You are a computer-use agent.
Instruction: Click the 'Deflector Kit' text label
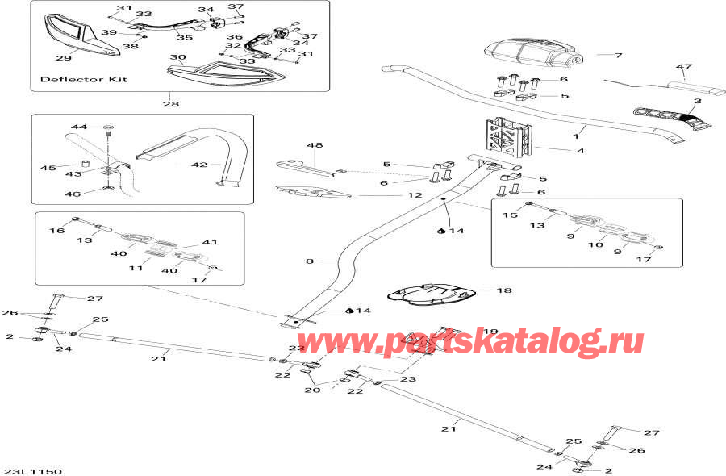point(83,81)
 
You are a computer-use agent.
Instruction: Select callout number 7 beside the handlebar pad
point(619,56)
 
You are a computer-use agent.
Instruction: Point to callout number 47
point(684,67)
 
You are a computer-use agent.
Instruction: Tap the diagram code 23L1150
point(31,470)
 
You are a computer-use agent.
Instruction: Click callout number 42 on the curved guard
point(199,165)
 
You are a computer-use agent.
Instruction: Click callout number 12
point(414,195)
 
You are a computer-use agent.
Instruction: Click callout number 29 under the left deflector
point(63,57)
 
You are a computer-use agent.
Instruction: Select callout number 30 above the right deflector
point(177,58)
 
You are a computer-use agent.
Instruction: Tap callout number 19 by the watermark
point(490,332)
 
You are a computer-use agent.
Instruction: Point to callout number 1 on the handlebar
point(577,128)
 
